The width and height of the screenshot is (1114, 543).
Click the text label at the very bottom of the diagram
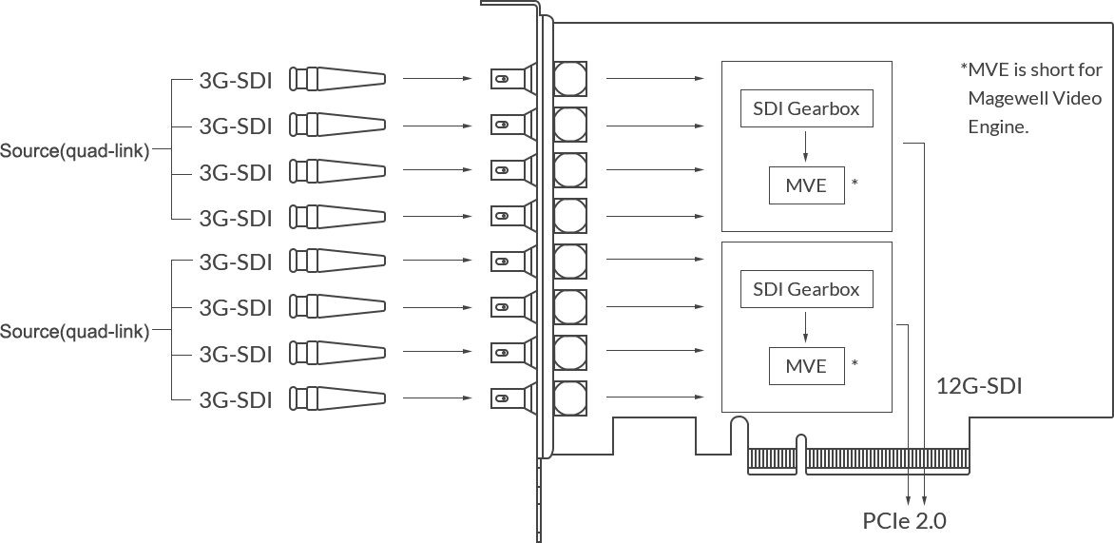tap(904, 521)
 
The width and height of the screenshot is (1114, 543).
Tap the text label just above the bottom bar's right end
tap(980, 385)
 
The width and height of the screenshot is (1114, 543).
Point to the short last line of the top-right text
tap(998, 128)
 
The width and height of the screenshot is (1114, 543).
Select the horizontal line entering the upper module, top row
tap(654, 81)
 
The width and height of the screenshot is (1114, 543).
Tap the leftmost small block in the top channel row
tap(213, 81)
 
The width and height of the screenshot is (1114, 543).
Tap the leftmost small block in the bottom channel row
tap(213, 399)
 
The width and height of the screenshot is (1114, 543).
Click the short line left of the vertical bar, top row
tap(440, 81)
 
